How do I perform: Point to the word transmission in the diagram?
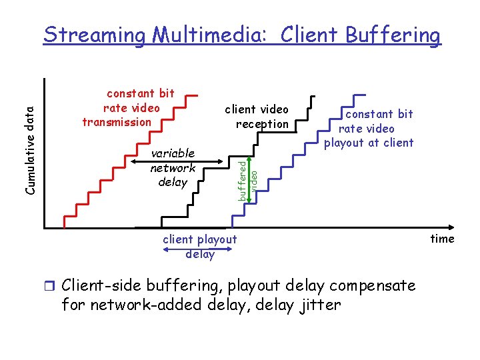click(117, 122)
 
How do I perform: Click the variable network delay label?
click(173, 167)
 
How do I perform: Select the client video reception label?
click(257, 116)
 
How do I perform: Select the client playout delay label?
click(200, 246)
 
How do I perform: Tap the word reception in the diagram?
click(262, 123)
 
